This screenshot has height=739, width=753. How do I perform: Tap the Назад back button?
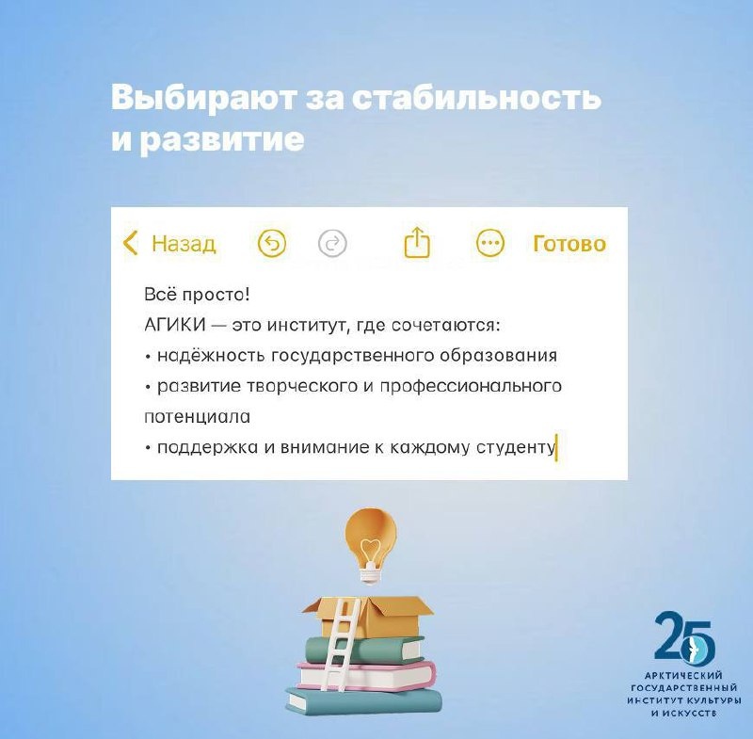[x=170, y=244]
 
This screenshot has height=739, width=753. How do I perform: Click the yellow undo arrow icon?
[x=272, y=244]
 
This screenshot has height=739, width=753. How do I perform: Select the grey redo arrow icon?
[x=332, y=244]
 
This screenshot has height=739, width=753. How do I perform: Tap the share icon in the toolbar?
[x=416, y=244]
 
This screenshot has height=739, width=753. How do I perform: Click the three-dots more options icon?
[x=490, y=244]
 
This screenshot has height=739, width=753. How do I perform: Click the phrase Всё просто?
[x=197, y=295]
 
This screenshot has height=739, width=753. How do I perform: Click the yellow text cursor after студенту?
[x=557, y=446]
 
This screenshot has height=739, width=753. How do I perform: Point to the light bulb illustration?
[x=369, y=542]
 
